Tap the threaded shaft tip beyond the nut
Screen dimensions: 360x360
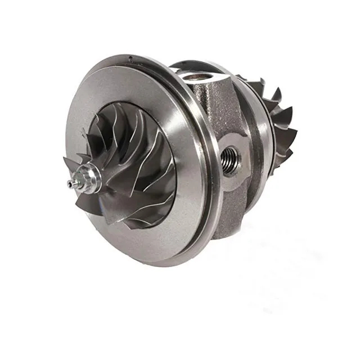tap(71, 184)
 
